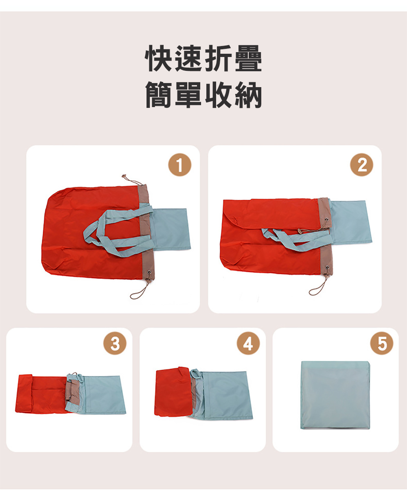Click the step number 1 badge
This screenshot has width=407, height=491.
coord(179,165)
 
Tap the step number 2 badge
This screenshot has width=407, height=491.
coord(361,165)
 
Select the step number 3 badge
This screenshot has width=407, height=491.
coord(115,343)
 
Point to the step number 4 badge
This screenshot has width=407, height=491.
coord(248,343)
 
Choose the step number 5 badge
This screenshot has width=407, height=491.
coord(382,343)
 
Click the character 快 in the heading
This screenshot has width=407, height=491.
coord(159,58)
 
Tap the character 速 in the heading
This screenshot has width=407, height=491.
coord(189,58)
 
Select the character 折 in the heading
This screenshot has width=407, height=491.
coord(219,58)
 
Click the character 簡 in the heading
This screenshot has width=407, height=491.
coord(159,95)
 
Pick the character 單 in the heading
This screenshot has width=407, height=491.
coord(189,95)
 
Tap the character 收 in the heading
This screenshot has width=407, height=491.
coord(219,95)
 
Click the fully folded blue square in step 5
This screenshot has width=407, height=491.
coord(335,395)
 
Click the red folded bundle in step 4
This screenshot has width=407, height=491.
coord(173,391)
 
